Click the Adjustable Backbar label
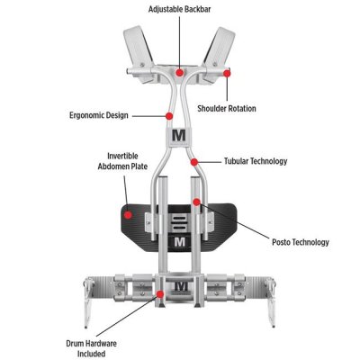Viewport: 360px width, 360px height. [x=179, y=9]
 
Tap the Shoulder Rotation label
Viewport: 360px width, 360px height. [x=227, y=108]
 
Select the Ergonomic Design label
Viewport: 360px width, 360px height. [x=99, y=115]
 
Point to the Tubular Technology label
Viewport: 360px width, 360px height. [x=256, y=161]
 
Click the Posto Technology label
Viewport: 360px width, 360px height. [x=301, y=242]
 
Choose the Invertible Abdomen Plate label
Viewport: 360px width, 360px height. [x=122, y=161]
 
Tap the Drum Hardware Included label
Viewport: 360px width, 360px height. [x=92, y=348]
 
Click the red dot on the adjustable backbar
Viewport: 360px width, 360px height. [x=180, y=72]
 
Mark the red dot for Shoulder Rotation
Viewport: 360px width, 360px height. [x=227, y=73]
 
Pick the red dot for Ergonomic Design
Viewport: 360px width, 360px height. [x=169, y=116]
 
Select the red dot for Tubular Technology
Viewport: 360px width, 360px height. [x=194, y=162]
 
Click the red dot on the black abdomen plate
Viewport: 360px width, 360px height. [x=128, y=215]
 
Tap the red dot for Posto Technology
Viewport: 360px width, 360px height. [x=196, y=202]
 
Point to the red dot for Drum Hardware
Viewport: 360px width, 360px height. [x=160, y=294]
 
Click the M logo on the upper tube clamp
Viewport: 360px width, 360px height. [x=179, y=135]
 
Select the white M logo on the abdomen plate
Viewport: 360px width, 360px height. [x=180, y=242]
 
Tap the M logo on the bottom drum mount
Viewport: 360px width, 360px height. [x=181, y=286]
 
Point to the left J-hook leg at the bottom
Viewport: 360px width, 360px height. [x=89, y=303]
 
